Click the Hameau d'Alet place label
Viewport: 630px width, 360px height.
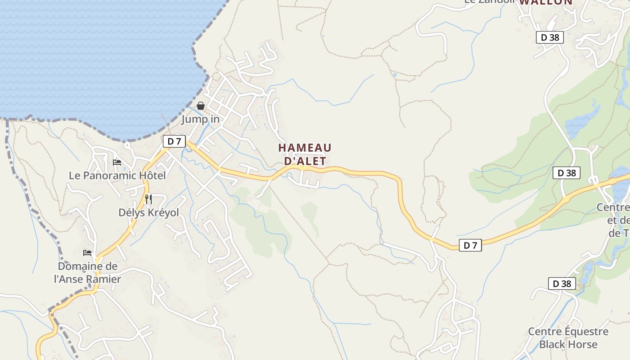[305, 154]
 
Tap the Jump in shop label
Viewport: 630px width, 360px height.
[201, 119]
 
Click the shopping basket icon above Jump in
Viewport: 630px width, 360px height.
[201, 106]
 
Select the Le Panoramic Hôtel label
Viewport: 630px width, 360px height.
[117, 175]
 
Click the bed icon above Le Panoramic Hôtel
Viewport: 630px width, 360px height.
[117, 162]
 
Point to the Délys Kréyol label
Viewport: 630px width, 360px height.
[148, 212]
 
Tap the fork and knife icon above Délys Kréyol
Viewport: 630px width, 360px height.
[148, 199]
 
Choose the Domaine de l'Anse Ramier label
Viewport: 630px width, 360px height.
[88, 273]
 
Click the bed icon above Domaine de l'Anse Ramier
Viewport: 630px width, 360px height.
[87, 253]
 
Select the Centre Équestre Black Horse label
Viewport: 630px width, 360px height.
[568, 338]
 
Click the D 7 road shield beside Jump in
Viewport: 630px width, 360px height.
[174, 141]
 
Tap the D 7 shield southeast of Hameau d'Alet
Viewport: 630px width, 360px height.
[470, 245]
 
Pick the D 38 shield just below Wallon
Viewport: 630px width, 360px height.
[550, 37]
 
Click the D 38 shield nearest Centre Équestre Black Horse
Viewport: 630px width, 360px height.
[562, 283]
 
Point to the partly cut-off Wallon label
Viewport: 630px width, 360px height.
[546, 3]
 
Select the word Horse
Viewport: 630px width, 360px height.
[581, 344]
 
